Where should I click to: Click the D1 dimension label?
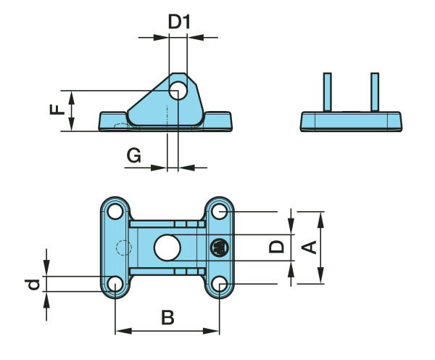click(179, 22)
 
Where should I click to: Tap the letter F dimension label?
click(57, 110)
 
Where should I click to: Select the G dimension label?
click(133, 155)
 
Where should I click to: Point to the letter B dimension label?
click(168, 317)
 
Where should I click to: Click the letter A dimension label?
click(309, 247)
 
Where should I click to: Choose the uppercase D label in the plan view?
click(277, 247)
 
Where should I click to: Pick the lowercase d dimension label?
click(33, 285)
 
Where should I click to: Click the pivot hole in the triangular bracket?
click(178, 91)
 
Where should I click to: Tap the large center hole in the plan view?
click(167, 247)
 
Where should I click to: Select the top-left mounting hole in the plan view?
click(115, 212)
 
